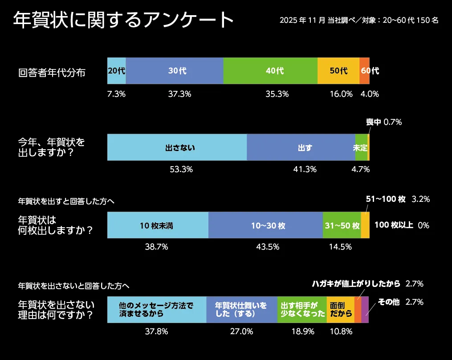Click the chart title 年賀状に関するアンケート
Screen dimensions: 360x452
point(124,20)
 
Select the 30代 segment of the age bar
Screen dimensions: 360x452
point(175,71)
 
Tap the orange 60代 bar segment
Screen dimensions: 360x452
point(364,71)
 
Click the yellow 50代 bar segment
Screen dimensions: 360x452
point(338,71)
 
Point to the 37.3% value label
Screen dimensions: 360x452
point(179,94)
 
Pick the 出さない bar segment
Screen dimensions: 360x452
point(177,147)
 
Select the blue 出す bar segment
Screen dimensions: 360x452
point(301,147)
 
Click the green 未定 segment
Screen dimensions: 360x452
point(361,147)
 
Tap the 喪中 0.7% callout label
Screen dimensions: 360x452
point(384,122)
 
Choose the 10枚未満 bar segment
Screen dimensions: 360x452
point(158,225)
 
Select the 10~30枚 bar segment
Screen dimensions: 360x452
point(265,225)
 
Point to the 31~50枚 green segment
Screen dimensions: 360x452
point(342,225)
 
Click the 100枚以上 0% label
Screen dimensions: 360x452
point(401,225)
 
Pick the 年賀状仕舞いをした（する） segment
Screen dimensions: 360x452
point(242,309)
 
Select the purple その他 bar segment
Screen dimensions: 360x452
point(365,309)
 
